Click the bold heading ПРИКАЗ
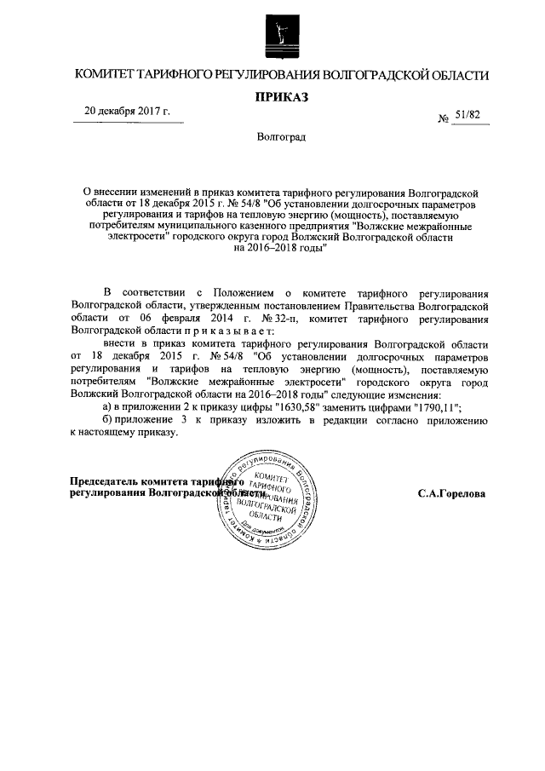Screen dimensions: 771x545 click(x=282, y=97)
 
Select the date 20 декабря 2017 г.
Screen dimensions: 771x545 click(x=127, y=112)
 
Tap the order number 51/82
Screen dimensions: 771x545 click(x=468, y=114)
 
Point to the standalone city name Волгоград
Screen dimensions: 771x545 click(x=281, y=136)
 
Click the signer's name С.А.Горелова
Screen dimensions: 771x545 click(x=451, y=492)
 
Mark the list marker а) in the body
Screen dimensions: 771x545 click(x=107, y=407)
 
